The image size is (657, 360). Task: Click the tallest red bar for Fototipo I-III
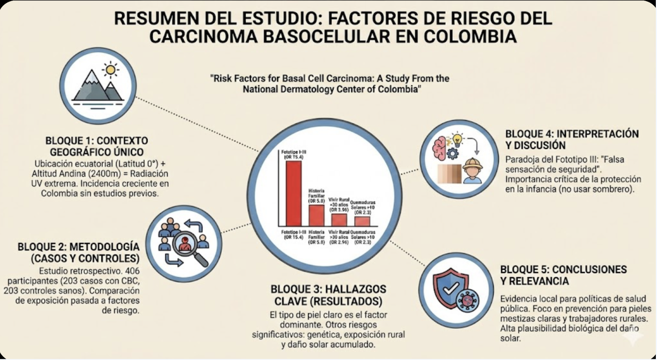click(294, 193)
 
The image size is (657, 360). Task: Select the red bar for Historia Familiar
click(316, 215)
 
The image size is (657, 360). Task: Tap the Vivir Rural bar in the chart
click(339, 220)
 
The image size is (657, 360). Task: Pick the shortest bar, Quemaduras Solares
click(362, 221)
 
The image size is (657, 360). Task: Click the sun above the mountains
click(111, 70)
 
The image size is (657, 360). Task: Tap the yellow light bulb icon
click(457, 139)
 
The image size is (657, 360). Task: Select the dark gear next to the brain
click(452, 153)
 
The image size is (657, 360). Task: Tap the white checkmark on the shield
click(450, 289)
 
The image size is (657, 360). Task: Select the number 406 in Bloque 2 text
click(132, 271)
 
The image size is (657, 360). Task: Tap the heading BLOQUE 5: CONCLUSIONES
click(563, 270)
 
